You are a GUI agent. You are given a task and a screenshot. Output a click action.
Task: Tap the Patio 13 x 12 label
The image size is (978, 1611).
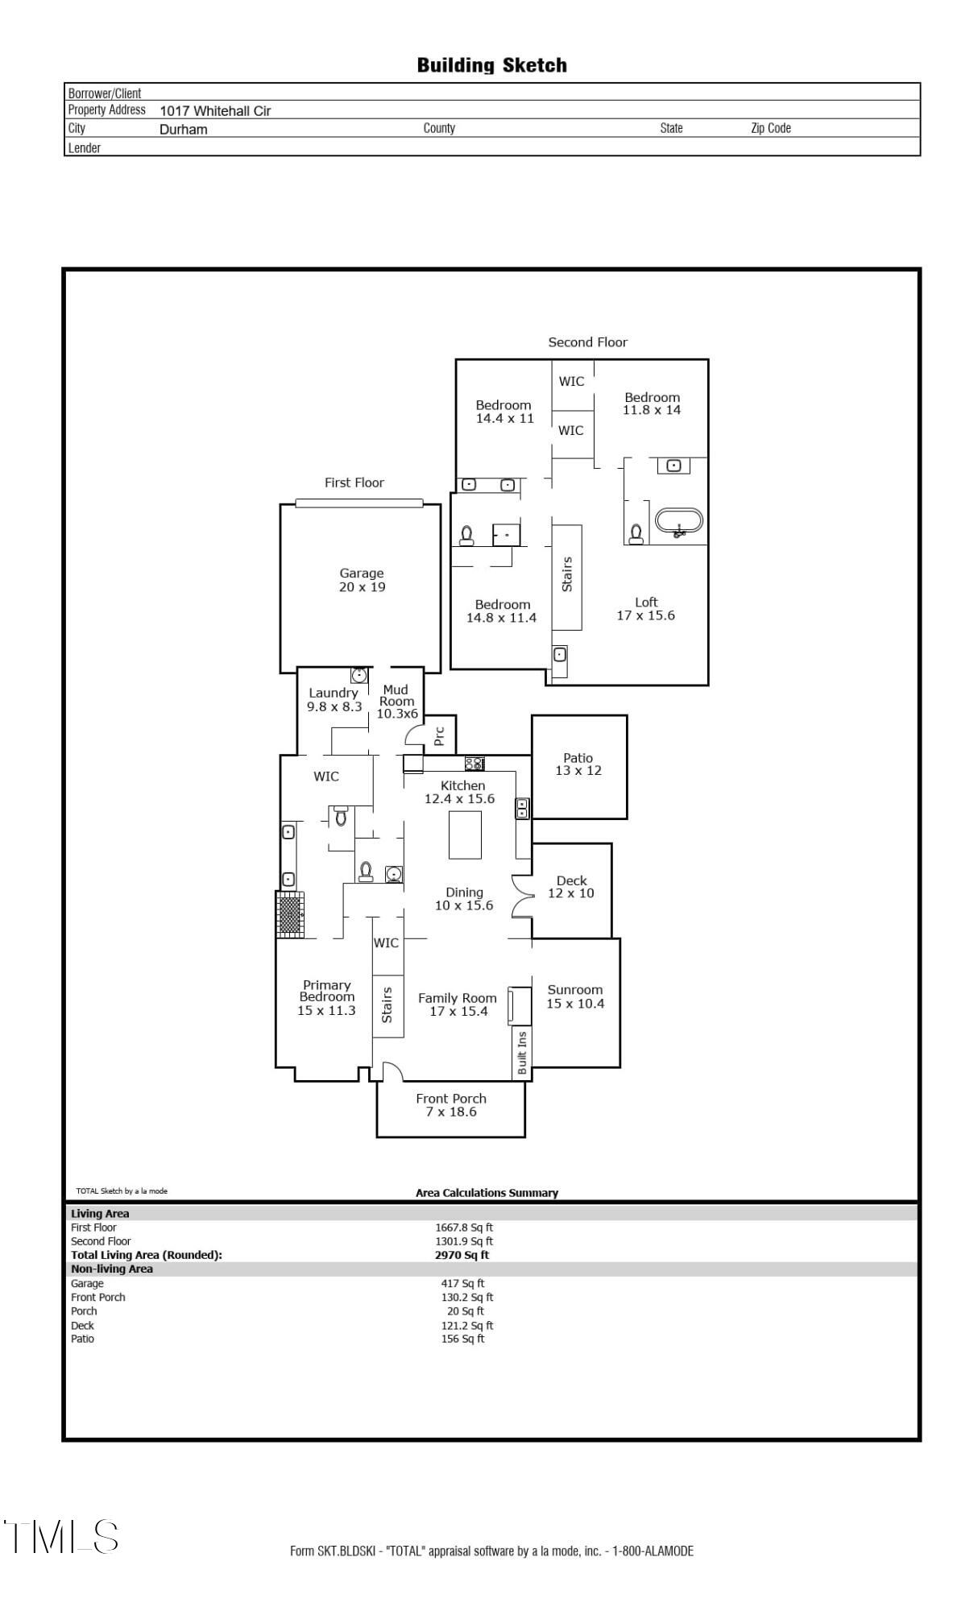[x=578, y=764]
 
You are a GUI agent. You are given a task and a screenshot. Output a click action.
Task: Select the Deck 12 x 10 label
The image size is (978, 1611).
[x=571, y=887]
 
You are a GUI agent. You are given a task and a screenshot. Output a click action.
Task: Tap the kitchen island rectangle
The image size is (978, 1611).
[x=465, y=835]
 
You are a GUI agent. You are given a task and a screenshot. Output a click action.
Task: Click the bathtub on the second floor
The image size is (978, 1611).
[x=679, y=521]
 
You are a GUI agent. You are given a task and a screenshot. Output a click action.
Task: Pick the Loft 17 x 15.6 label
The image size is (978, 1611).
[x=646, y=609]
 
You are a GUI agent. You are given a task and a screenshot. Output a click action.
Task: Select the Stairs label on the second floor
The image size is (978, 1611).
[x=567, y=574]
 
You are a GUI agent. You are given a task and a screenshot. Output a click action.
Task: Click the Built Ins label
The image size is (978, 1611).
[x=522, y=1052]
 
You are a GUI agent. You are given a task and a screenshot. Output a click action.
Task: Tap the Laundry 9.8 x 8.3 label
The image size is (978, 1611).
[x=334, y=700]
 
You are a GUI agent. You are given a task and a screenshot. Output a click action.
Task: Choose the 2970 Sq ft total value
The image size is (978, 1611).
[x=462, y=1254]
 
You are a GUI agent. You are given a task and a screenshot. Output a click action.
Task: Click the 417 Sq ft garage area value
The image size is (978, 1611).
[x=462, y=1283]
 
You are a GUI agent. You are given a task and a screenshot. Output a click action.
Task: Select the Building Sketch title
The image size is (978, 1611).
[x=491, y=65]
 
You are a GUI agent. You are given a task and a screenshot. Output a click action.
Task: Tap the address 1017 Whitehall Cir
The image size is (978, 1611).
[x=215, y=111]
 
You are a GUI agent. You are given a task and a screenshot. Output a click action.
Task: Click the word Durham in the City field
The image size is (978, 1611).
[x=184, y=130]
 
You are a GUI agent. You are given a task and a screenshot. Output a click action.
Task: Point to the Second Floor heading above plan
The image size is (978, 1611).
[x=588, y=342]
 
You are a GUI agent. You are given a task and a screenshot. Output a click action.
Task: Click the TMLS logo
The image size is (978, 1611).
[x=61, y=1537]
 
